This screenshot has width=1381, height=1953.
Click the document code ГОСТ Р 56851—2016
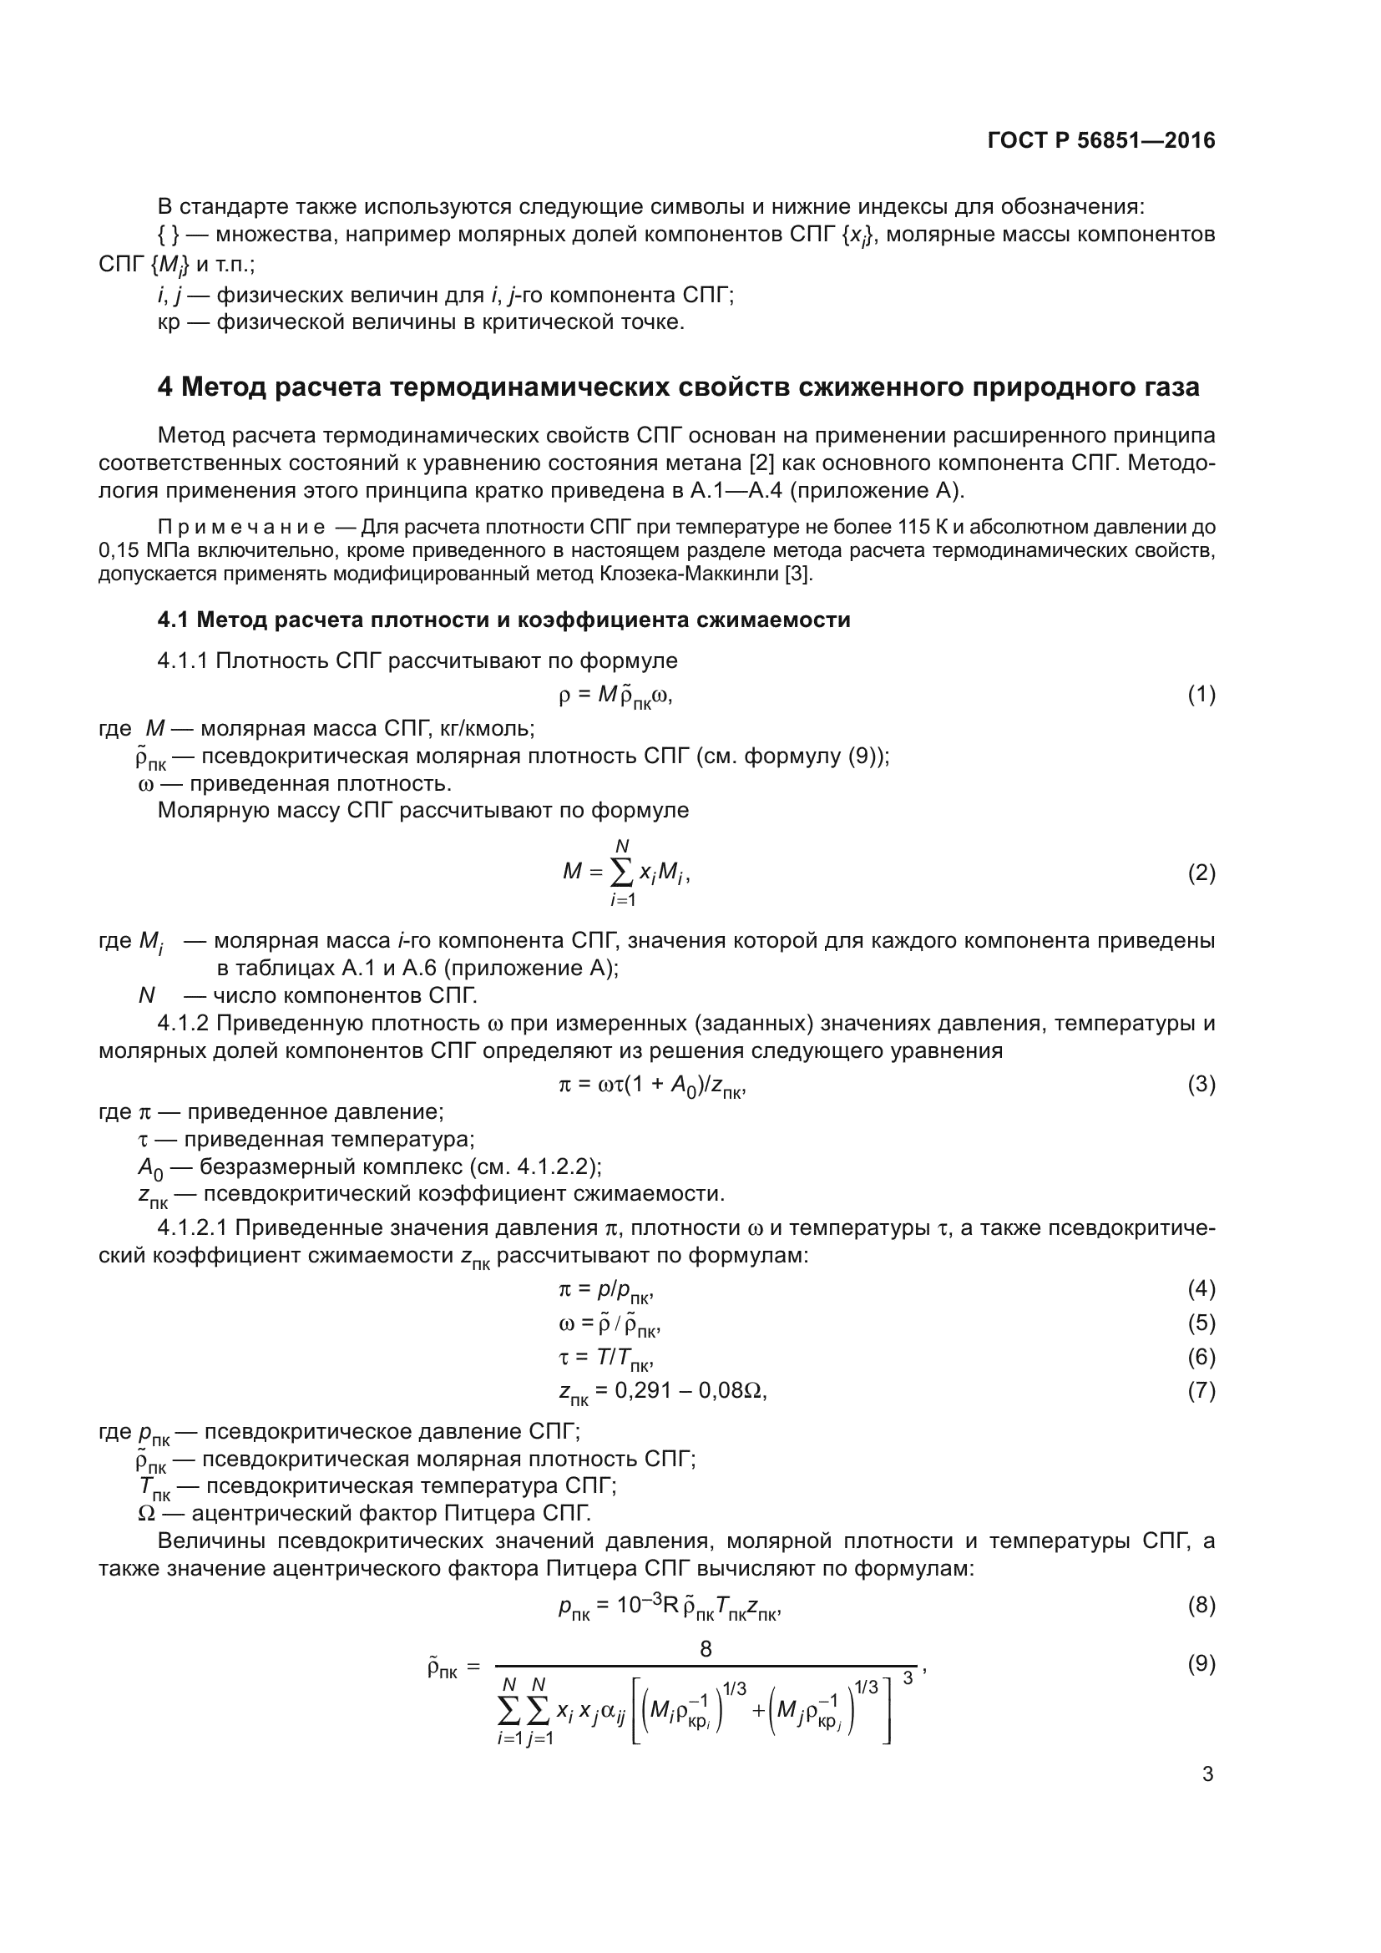click(x=1101, y=140)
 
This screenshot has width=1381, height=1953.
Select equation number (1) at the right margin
click(x=1201, y=695)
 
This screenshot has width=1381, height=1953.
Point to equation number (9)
click(x=1201, y=1664)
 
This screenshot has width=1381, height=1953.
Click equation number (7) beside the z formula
click(x=1201, y=1391)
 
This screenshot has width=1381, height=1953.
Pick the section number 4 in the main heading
click(x=165, y=387)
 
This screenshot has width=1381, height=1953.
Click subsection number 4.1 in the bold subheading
click(x=173, y=620)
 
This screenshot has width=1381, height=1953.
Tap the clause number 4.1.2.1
click(x=192, y=1228)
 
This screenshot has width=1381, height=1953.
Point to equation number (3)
click(x=1201, y=1085)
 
